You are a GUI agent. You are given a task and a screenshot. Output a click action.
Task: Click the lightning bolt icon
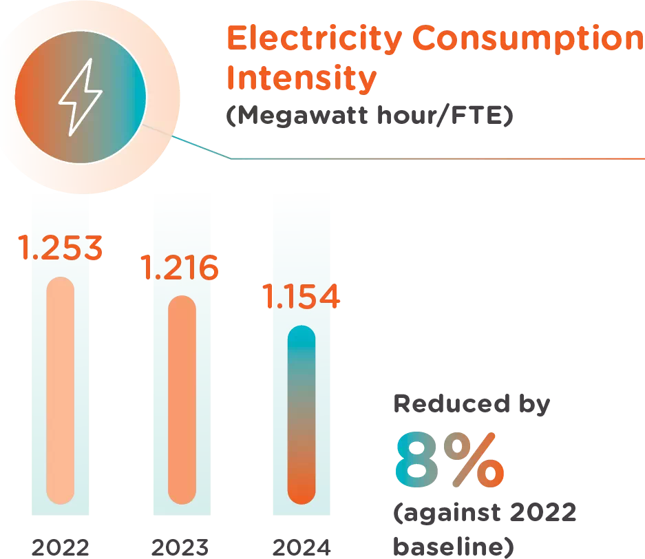coord(79,97)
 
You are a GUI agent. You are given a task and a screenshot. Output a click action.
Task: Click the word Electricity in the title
coord(313,39)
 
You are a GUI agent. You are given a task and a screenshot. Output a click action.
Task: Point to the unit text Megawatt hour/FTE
coord(370,116)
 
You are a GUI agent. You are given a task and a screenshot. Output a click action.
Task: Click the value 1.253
coord(61,249)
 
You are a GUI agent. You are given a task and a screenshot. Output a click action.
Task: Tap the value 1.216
coord(180,267)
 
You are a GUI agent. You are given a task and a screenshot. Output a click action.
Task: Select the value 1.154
coord(301,297)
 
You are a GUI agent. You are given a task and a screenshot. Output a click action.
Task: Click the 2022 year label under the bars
coord(60,547)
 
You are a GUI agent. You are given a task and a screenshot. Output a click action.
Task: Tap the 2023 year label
coord(180,547)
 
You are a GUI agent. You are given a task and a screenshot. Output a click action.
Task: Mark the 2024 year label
coord(302,547)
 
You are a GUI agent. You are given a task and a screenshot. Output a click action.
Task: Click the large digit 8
coord(419,460)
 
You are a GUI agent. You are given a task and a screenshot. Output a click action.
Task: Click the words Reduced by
coord(472,404)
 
